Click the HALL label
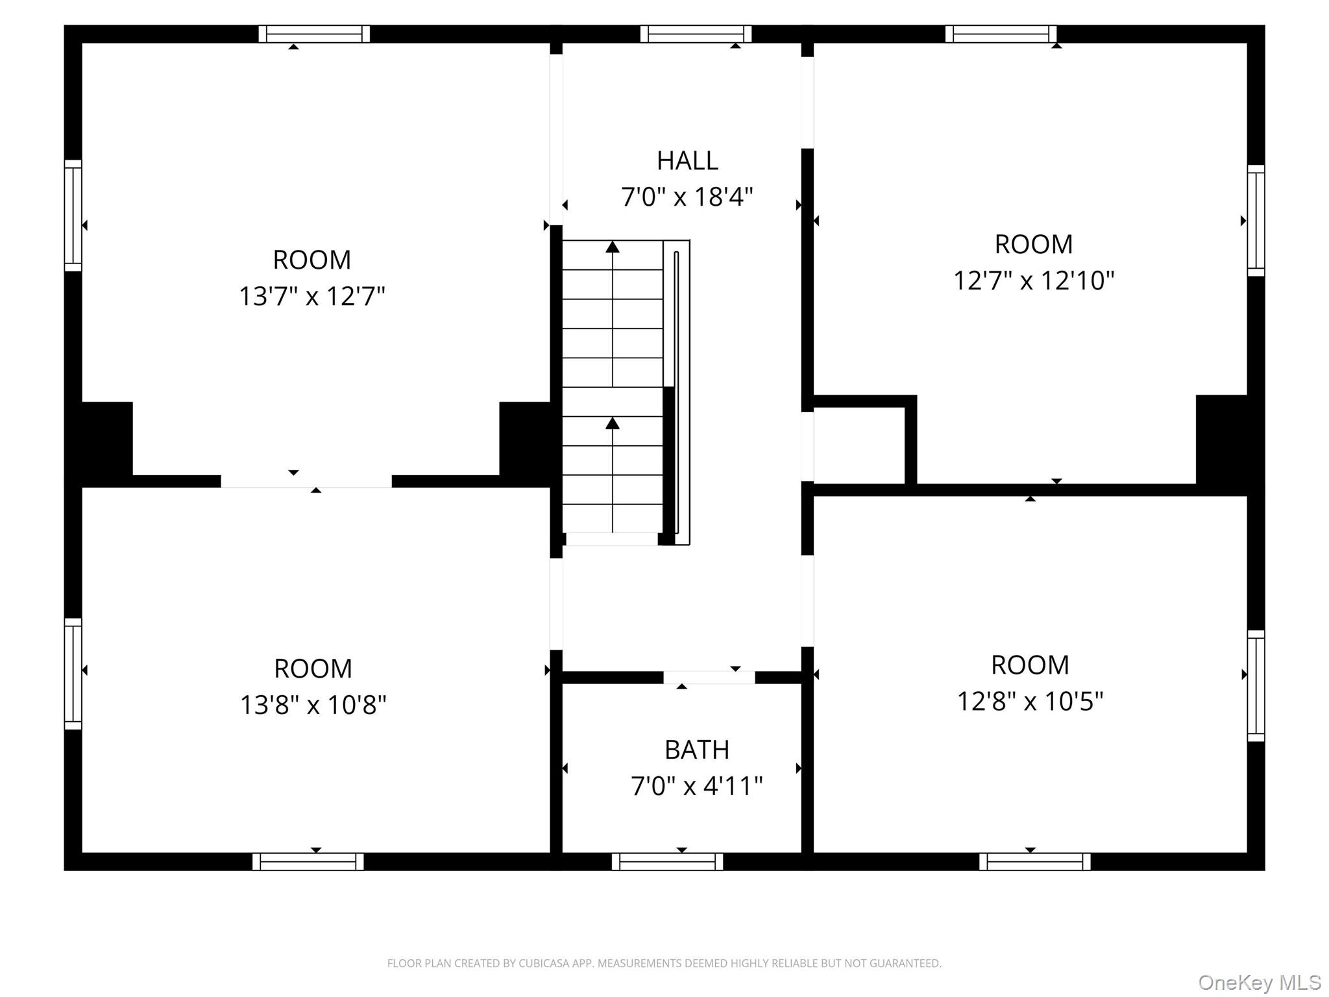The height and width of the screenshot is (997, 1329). (x=687, y=161)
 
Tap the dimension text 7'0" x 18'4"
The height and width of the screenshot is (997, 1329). (x=687, y=197)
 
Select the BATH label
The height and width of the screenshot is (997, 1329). (x=696, y=750)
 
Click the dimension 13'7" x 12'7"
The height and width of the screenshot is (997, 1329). (x=312, y=297)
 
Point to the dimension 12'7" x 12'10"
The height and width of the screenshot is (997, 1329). (x=1034, y=281)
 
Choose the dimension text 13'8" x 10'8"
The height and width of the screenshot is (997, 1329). (x=313, y=705)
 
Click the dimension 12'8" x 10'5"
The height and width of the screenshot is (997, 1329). (x=1030, y=702)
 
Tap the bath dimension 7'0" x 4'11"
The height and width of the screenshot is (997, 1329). (x=696, y=786)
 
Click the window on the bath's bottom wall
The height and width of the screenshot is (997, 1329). (x=667, y=861)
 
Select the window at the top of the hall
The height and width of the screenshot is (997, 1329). (x=696, y=34)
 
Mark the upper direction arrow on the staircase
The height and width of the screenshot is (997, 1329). (x=612, y=247)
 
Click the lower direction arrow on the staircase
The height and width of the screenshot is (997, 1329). (x=612, y=424)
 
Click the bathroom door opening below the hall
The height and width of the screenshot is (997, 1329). (x=709, y=677)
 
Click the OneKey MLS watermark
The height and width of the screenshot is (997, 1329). (x=1259, y=983)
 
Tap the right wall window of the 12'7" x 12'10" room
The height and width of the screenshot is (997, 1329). (x=1256, y=221)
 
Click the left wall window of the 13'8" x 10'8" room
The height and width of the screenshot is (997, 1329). (x=73, y=673)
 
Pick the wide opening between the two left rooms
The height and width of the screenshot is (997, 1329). (x=306, y=481)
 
